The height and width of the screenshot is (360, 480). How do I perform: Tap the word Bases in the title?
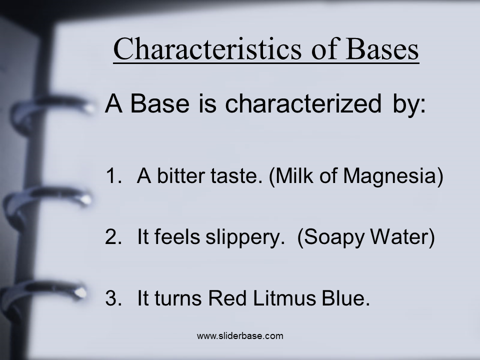[x=382, y=49]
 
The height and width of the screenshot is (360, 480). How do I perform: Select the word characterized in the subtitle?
[x=303, y=103]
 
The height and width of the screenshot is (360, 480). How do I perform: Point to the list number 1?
[x=113, y=176]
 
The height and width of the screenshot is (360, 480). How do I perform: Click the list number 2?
[x=113, y=236]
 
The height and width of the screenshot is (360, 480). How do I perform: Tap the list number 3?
[x=113, y=298]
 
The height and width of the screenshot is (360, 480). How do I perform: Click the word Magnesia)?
[x=393, y=176]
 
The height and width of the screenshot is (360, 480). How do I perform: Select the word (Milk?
[x=291, y=176]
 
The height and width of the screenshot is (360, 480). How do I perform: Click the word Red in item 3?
[x=227, y=298]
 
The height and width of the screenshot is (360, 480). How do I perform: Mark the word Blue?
[x=346, y=298]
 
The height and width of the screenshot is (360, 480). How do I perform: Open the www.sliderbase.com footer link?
[x=240, y=336]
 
